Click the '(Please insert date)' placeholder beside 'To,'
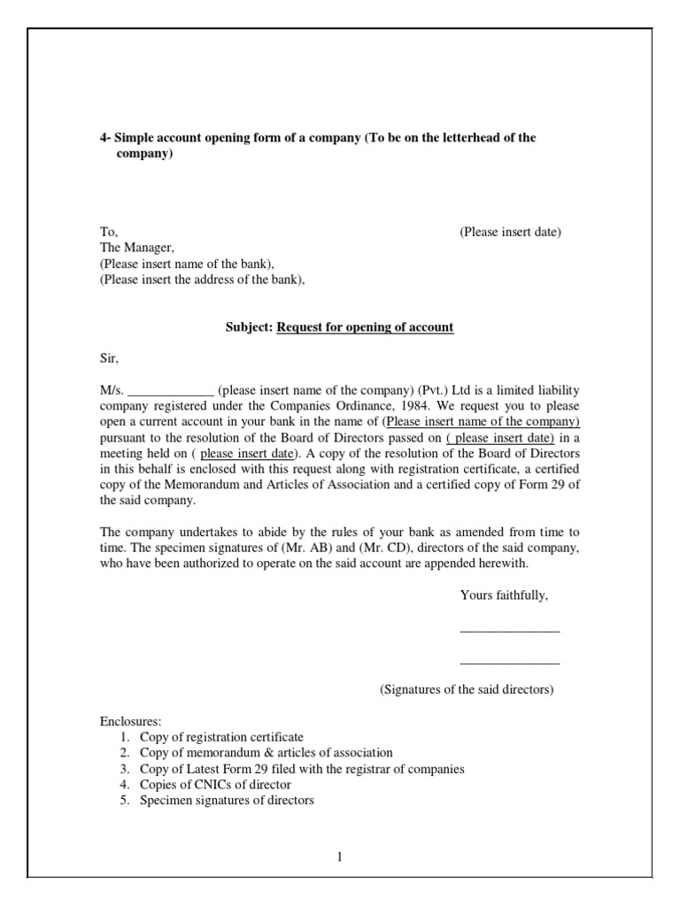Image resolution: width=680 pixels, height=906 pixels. (510, 232)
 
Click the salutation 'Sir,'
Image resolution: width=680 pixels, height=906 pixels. (108, 359)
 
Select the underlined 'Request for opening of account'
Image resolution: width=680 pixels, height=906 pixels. (365, 327)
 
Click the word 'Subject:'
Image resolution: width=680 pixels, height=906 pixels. (250, 327)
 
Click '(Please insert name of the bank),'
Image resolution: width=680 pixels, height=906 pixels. (187, 264)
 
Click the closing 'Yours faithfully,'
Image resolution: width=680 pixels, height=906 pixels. (504, 595)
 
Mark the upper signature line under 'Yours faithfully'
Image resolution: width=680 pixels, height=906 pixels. (509, 630)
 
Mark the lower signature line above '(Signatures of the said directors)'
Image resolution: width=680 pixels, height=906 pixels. (509, 662)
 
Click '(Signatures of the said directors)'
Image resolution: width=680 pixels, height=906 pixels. (467, 689)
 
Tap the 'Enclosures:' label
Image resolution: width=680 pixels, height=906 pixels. (130, 722)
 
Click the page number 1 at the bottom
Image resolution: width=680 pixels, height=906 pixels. (339, 856)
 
